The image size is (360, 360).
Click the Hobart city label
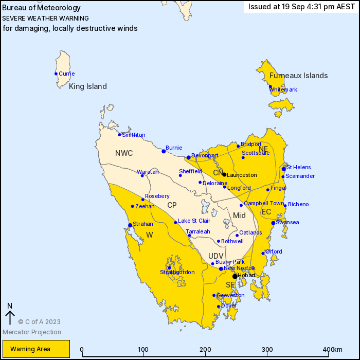[246, 276]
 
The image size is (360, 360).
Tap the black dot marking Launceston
[224, 174]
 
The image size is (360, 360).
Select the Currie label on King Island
[66, 74]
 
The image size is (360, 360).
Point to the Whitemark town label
[283, 89]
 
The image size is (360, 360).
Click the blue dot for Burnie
[164, 151]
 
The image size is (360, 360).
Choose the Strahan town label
[143, 224]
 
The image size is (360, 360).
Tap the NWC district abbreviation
[124, 153]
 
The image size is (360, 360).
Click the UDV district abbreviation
[216, 256]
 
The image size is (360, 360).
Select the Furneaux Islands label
[298, 76]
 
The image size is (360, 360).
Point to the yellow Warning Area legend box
[34, 349]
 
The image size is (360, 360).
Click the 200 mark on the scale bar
[205, 350]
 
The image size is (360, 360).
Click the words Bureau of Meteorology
[42, 8]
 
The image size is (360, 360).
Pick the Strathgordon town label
[177, 272]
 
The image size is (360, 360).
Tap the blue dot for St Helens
[284, 169]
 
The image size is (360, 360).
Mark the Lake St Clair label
[193, 221]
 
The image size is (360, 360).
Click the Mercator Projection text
[32, 332]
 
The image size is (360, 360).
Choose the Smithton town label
[133, 135]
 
